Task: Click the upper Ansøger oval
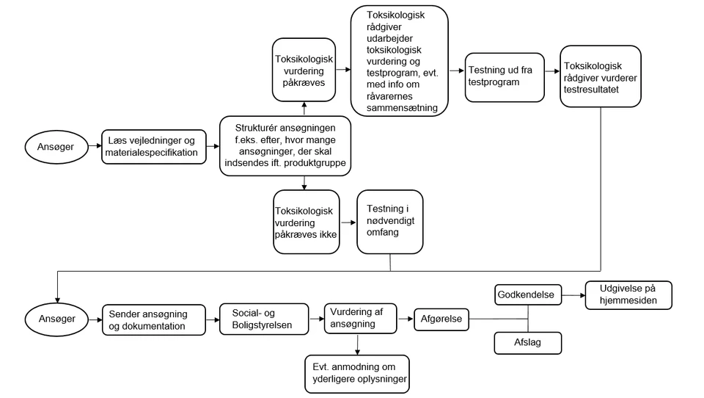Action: click(56, 147)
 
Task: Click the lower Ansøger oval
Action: click(57, 319)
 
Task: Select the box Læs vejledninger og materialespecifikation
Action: click(153, 147)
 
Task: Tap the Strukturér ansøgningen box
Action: click(285, 145)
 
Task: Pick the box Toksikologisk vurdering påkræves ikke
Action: click(307, 222)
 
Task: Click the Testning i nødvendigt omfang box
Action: click(389, 222)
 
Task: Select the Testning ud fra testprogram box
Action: click(505, 77)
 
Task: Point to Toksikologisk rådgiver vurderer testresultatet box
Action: click(601, 76)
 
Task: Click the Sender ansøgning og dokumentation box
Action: click(154, 319)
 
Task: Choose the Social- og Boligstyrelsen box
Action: click(264, 319)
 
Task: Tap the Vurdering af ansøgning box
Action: click(361, 319)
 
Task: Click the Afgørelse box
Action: click(441, 319)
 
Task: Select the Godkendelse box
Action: click(528, 294)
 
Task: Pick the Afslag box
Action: click(528, 343)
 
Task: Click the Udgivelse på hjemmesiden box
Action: click(628, 295)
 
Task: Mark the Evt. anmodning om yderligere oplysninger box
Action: click(357, 374)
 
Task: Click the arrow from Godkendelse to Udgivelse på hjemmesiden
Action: click(573, 295)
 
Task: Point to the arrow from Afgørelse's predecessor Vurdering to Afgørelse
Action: click(406, 319)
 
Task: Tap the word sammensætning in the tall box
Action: click(402, 108)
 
